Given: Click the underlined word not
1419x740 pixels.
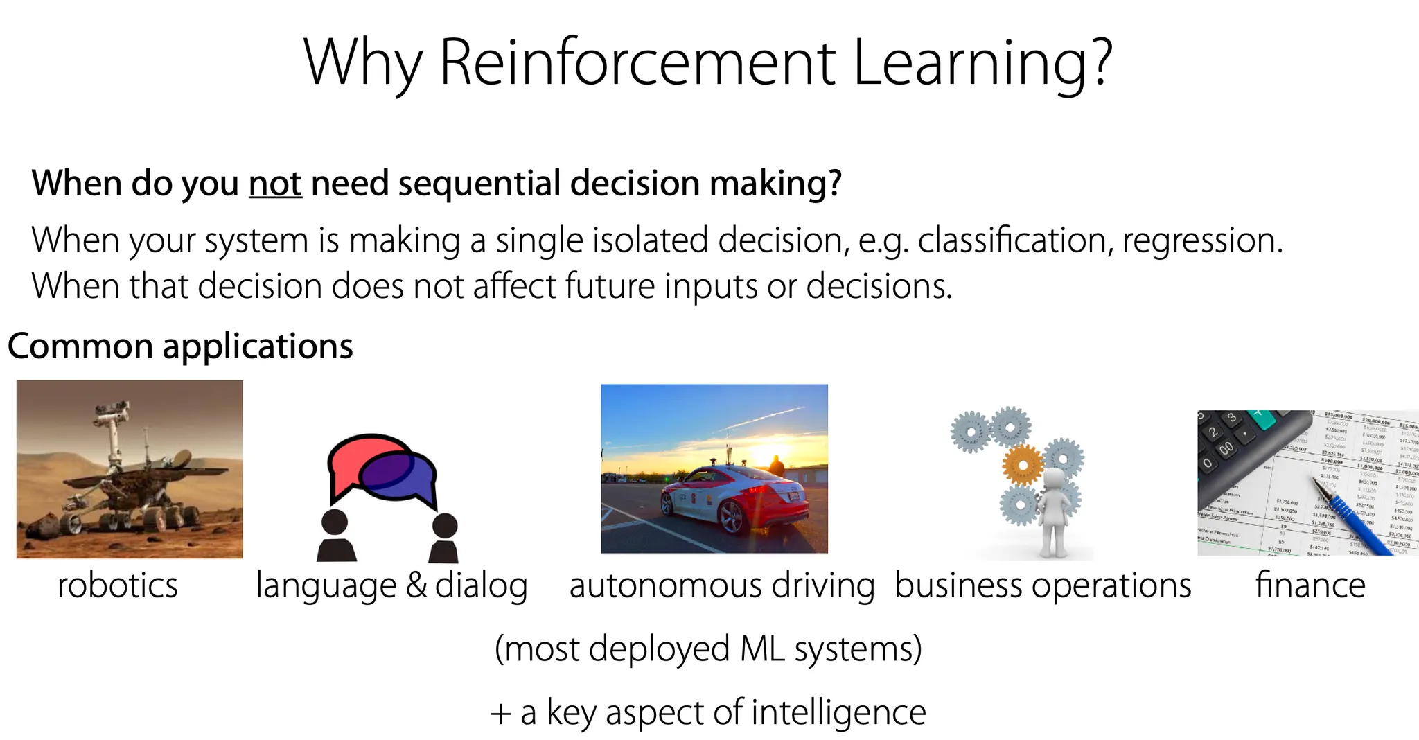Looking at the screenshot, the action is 275,184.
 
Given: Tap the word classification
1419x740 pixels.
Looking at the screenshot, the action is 1014,240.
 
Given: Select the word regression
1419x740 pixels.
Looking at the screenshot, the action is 1202,240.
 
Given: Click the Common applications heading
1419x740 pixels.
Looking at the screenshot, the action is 180,346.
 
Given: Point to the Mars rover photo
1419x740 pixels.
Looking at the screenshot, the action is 130,469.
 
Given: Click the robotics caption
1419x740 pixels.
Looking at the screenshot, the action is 117,585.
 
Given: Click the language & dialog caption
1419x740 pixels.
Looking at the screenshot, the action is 391,585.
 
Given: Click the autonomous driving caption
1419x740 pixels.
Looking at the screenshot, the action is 722,585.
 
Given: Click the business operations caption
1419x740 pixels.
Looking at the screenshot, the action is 1043,585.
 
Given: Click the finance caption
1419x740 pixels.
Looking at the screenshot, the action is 1310,585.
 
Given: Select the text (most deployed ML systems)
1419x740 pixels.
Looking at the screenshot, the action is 708,649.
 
